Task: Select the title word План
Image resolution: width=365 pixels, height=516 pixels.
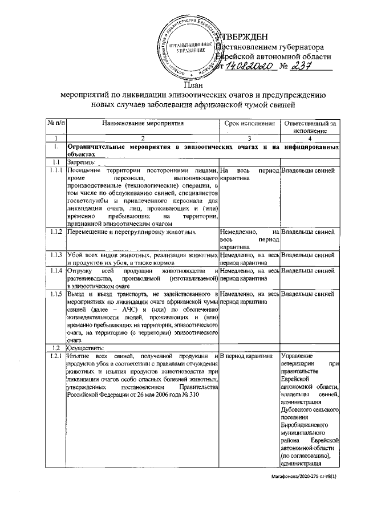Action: pyautogui.click(x=193, y=85)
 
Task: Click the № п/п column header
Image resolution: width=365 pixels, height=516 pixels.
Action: pyautogui.click(x=56, y=123)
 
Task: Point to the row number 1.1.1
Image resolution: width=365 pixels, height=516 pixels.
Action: pyautogui.click(x=56, y=170)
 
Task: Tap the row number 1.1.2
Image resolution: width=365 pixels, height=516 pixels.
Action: pyautogui.click(x=56, y=231)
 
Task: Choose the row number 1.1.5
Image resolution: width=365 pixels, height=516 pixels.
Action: pyautogui.click(x=56, y=294)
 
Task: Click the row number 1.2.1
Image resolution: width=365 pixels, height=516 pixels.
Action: pyautogui.click(x=56, y=356)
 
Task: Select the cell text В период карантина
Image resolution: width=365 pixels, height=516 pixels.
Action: pyautogui.click(x=246, y=356)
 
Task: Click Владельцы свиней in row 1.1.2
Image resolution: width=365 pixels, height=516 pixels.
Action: pyautogui.click(x=308, y=231)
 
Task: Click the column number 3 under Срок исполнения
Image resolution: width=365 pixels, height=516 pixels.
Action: pyautogui.click(x=249, y=139)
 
